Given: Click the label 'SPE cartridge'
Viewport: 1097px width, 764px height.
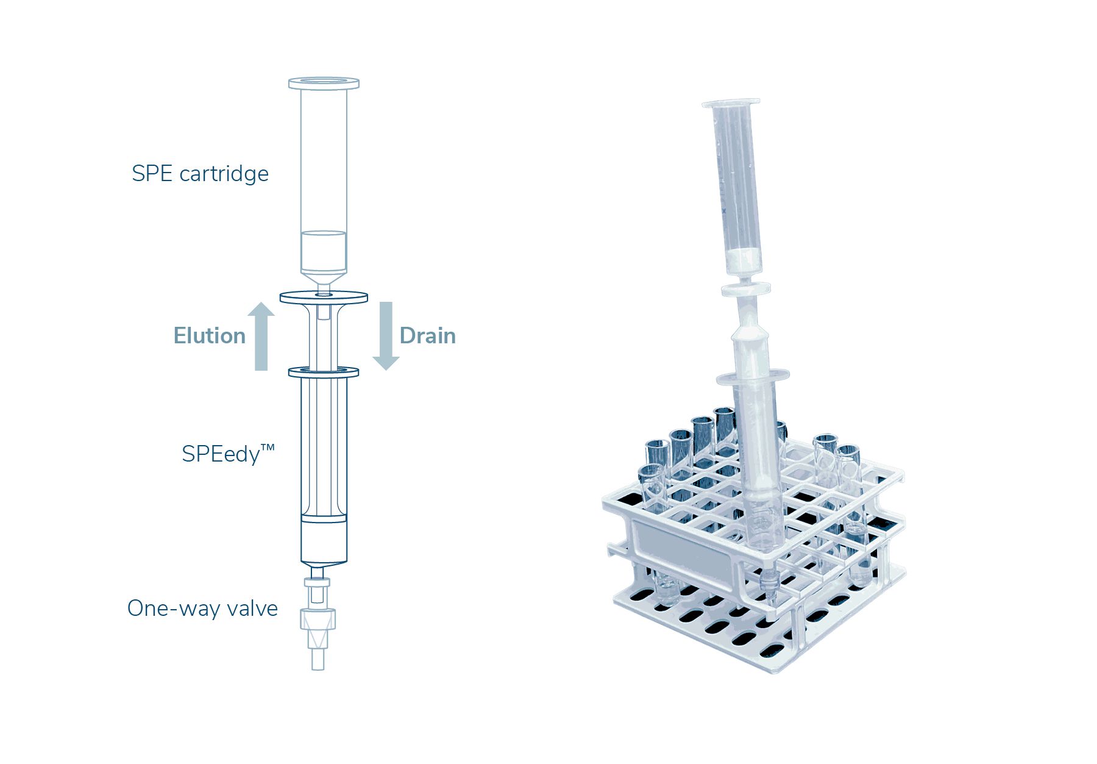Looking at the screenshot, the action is pyautogui.click(x=200, y=174).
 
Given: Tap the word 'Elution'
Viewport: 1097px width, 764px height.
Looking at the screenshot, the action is pyautogui.click(x=210, y=336).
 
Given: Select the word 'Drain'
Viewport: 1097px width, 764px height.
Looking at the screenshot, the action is pyautogui.click(x=428, y=336).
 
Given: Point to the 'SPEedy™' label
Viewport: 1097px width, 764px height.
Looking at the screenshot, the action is pyautogui.click(x=229, y=454).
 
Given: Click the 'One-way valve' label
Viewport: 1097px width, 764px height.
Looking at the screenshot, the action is pyautogui.click(x=202, y=609).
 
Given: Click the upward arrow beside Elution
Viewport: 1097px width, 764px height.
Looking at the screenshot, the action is pyautogui.click(x=261, y=336).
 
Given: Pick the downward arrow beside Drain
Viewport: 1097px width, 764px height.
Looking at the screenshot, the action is pyautogui.click(x=386, y=336).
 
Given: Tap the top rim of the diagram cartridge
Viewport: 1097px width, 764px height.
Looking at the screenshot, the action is pyautogui.click(x=324, y=83).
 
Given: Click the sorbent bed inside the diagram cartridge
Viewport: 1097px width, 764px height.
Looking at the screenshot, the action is pyautogui.click(x=324, y=251).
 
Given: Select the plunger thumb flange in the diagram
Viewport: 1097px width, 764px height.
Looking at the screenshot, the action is pyautogui.click(x=324, y=298).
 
